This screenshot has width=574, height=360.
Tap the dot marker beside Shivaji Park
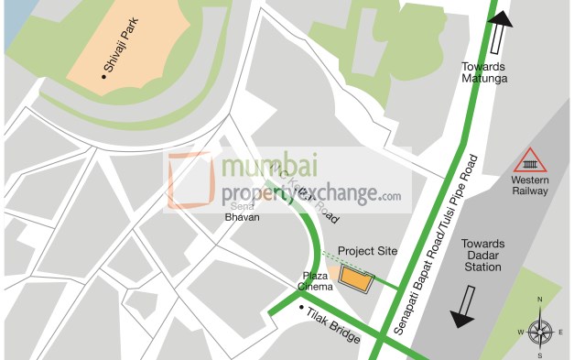[x=105, y=78]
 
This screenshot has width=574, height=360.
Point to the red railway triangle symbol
[x=530, y=161]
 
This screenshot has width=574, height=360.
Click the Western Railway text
[x=529, y=186]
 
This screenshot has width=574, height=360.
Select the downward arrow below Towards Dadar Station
[x=463, y=308]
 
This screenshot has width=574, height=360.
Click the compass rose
[x=539, y=329]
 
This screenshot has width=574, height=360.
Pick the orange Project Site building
[x=355, y=277]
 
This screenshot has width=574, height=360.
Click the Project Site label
[x=368, y=251]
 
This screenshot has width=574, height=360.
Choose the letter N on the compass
[x=539, y=300]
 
